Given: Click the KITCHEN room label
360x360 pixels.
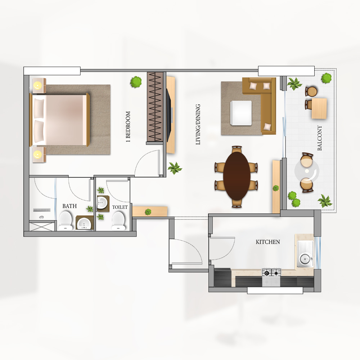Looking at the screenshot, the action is (268, 242).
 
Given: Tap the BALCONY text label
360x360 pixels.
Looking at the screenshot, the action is (319, 138).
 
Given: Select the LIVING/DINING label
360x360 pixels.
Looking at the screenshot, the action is (198, 124).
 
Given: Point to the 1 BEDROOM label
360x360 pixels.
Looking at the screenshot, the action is (128, 126).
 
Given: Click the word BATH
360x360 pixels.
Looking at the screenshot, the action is (69, 206).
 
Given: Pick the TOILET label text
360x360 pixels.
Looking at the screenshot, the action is (120, 207).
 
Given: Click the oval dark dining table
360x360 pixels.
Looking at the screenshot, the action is (237, 176).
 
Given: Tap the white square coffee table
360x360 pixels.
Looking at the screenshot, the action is (241, 113).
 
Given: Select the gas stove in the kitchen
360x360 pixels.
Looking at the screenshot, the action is (271, 277).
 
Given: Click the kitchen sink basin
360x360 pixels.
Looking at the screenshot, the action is (305, 260).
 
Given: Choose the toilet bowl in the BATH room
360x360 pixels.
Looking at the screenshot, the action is (66, 221).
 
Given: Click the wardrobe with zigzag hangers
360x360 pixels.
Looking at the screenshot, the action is (155, 107).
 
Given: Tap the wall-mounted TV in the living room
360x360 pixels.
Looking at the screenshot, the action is (169, 115).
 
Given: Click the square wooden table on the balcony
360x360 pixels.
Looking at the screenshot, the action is (319, 108).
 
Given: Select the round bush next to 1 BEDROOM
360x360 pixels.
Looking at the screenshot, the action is (136, 82).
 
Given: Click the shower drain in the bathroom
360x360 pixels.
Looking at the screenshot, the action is (41, 217).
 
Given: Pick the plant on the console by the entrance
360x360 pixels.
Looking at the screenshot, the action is (148, 212).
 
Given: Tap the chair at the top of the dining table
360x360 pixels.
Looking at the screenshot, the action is (237, 149).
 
